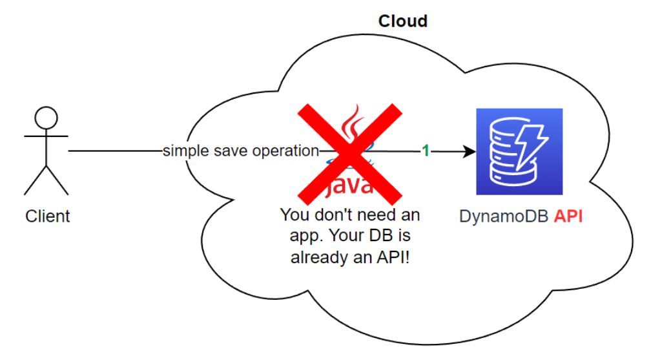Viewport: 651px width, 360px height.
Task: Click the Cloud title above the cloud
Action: click(x=402, y=21)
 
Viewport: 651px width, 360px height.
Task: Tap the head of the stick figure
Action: click(x=46, y=118)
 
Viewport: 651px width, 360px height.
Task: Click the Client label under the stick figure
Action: click(x=47, y=216)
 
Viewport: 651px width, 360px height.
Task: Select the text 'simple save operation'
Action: click(x=240, y=151)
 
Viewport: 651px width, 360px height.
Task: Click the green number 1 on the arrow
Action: click(x=426, y=151)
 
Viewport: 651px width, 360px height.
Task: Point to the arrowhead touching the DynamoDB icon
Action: click(x=470, y=152)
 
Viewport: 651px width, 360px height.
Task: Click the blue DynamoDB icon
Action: click(x=519, y=152)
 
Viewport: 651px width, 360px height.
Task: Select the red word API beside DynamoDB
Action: click(x=568, y=217)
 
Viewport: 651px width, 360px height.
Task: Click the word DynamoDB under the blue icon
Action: click(x=503, y=217)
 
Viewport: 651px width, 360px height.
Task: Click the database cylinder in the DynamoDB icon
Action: click(x=509, y=154)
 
